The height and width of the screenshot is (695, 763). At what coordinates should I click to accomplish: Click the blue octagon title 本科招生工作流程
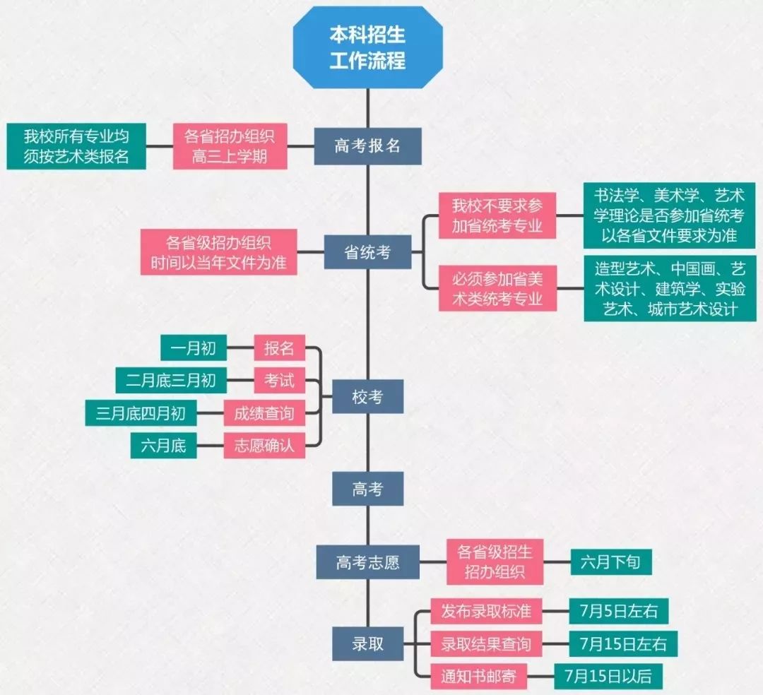click(368, 47)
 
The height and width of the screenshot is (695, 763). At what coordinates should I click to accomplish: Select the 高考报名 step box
click(367, 145)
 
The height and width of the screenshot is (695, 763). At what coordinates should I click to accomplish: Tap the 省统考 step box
click(367, 252)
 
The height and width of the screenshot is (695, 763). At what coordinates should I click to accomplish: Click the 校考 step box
click(367, 396)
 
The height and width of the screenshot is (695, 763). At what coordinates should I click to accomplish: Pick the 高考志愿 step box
click(367, 562)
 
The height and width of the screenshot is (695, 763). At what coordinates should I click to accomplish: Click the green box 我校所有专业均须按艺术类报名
click(76, 146)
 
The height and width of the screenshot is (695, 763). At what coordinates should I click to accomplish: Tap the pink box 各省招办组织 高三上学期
click(230, 146)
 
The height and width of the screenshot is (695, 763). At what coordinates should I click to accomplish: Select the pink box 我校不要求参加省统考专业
click(497, 216)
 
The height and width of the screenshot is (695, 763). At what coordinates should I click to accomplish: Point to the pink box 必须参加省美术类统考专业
click(497, 288)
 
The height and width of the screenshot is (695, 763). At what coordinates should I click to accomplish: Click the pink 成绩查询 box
click(264, 413)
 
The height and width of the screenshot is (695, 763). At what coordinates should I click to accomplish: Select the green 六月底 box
click(163, 446)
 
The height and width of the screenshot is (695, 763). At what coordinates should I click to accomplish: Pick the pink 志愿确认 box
click(264, 446)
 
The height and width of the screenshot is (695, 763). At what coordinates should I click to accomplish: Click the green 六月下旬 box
click(610, 562)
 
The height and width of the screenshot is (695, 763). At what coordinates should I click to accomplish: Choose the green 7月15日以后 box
click(608, 676)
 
